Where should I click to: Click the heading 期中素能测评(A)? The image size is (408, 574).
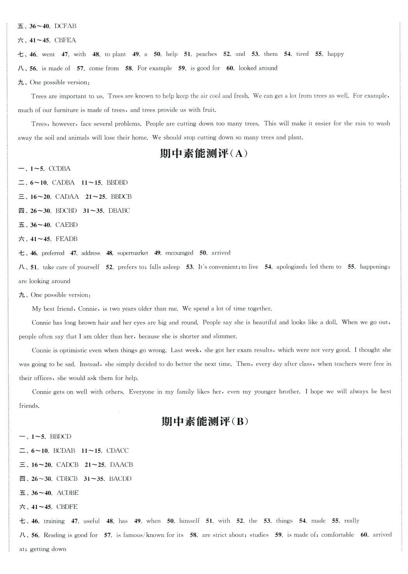(x=204, y=153)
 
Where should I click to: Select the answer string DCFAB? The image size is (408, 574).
(x=65, y=26)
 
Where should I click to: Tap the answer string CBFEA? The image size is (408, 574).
(x=65, y=40)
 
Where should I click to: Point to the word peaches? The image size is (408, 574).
(x=206, y=54)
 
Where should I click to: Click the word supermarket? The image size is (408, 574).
(x=132, y=253)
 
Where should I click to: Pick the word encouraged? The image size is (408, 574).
(x=179, y=253)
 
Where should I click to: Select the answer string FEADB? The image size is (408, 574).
(x=66, y=239)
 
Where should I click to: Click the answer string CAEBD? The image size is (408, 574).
(x=66, y=225)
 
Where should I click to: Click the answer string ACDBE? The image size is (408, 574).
(x=68, y=493)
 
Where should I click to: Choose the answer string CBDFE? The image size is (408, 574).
(x=67, y=507)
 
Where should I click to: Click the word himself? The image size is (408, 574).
(x=189, y=521)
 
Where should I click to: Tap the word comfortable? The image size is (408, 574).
(x=338, y=535)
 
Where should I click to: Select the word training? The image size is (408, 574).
(x=54, y=521)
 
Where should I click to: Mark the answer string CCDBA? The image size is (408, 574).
(x=60, y=169)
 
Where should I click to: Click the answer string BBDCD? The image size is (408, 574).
(x=61, y=437)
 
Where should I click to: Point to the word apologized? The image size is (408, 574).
(x=290, y=267)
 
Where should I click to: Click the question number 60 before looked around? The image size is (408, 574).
(x=230, y=68)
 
